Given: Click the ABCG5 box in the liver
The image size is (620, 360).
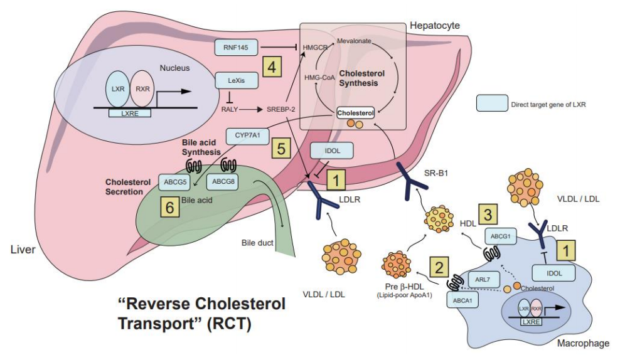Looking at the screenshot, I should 175,182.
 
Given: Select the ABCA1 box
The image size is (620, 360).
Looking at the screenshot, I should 459,300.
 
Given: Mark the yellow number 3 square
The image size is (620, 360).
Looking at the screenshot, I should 489,213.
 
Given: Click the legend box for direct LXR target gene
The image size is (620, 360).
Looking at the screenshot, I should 491,103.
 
